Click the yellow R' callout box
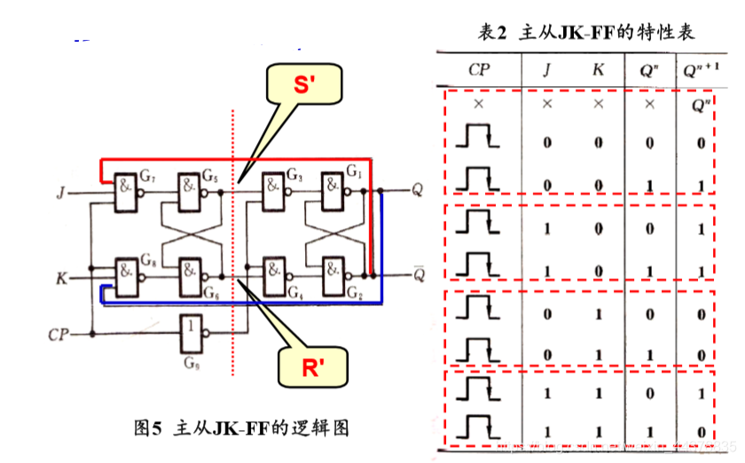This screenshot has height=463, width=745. coord(310,365)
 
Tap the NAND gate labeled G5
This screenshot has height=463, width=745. coord(192,190)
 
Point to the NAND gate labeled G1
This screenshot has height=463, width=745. coord(334,190)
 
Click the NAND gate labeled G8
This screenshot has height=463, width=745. coord(128,270)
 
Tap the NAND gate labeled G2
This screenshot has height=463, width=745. coord(334,270)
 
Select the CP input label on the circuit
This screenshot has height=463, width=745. coord(59,334)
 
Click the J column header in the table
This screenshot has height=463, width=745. coord(546,68)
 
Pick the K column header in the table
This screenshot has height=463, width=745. coord(599,68)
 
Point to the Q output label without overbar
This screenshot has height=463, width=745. coord(419,190)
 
